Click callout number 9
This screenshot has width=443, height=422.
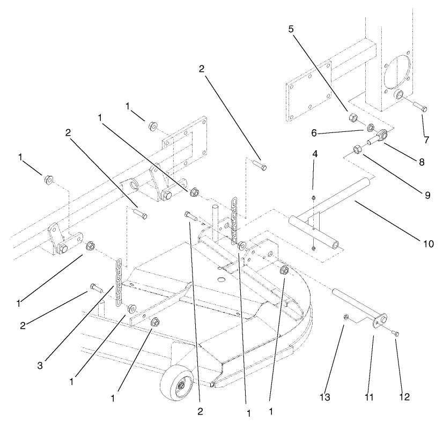(x=427, y=195)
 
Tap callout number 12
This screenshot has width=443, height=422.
(x=404, y=397)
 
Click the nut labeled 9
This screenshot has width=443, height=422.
(x=356, y=150)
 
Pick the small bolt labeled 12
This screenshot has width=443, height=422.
(x=396, y=334)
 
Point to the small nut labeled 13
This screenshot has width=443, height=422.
(x=346, y=317)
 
